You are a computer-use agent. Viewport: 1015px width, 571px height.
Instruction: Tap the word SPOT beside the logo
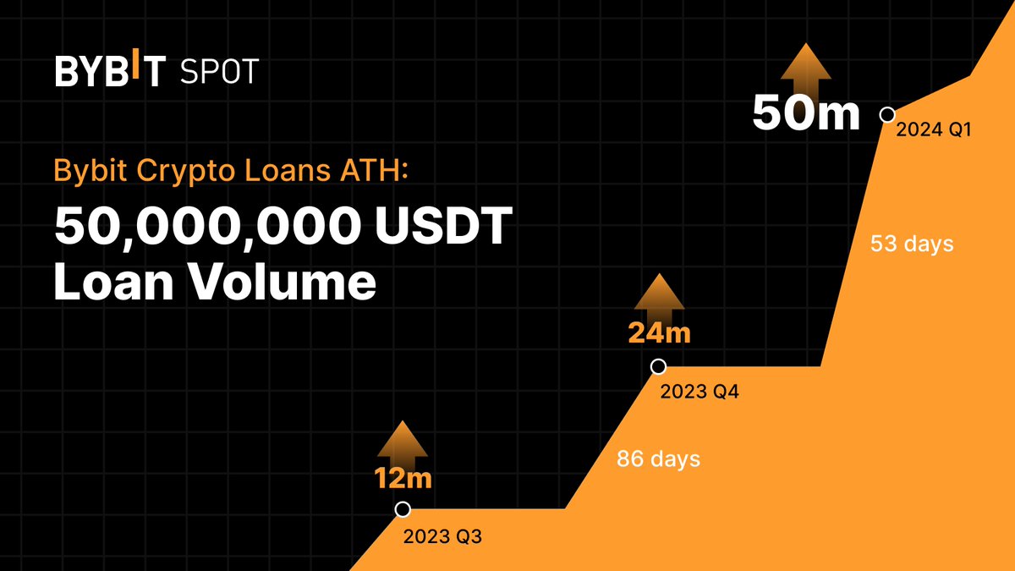point(219,72)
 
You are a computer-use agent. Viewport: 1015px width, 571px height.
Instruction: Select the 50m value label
point(805,114)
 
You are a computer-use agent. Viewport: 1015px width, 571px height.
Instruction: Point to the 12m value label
point(403,478)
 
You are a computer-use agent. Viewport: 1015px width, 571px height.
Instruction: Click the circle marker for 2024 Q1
point(887,114)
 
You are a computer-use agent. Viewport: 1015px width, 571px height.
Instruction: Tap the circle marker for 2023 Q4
point(658,366)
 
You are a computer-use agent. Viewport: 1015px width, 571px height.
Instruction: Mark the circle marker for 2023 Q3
point(403,509)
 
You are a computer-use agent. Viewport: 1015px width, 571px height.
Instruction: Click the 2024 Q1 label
point(934,130)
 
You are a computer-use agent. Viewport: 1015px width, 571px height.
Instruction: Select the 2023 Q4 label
point(700,393)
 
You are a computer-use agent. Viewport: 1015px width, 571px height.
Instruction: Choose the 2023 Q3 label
point(442,536)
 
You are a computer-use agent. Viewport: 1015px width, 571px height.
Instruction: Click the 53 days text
point(912,244)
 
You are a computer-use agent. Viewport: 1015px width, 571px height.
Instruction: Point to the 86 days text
point(659,459)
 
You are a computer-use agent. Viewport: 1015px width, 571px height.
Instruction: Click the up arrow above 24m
point(658,297)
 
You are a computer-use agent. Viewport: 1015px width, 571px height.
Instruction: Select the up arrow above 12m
point(403,442)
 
